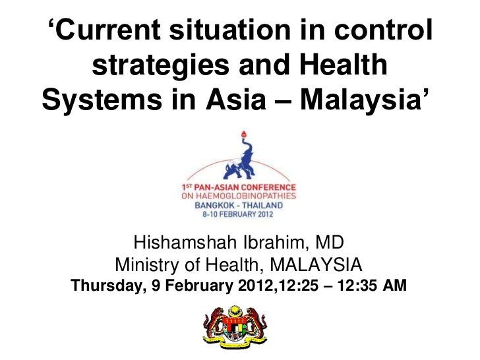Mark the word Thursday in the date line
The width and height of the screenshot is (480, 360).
point(107,287)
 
